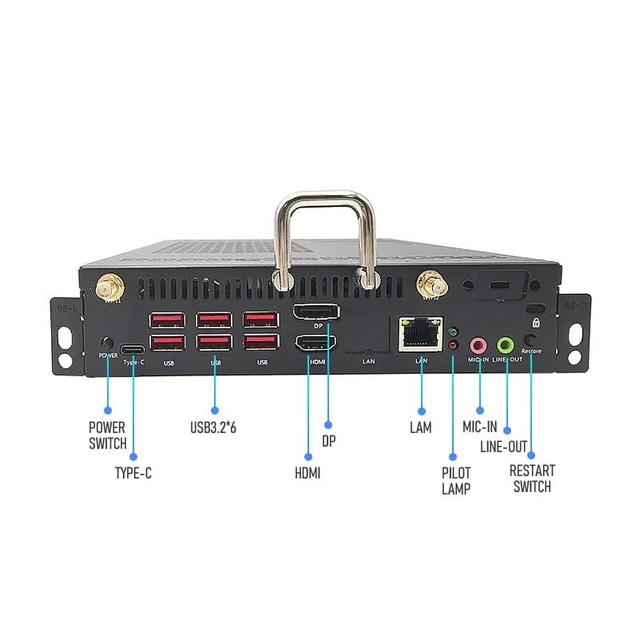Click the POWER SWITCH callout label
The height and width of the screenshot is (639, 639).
[x=108, y=435]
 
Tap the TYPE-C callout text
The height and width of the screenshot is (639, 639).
[x=133, y=472]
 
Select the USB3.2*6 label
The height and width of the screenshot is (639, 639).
[x=213, y=427]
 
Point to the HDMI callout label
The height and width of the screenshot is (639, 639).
[x=308, y=472]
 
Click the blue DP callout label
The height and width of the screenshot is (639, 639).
[x=328, y=440]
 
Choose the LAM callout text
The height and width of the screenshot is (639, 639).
[x=420, y=427]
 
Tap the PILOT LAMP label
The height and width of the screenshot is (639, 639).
[x=456, y=480]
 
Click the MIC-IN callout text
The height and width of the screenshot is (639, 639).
[x=480, y=427]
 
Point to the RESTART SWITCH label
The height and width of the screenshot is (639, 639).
[x=532, y=478]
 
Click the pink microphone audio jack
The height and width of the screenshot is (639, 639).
[x=478, y=345]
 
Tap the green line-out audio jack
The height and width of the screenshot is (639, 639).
[x=506, y=345]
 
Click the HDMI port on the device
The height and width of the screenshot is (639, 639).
[x=315, y=344]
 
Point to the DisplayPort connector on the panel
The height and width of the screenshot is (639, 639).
[x=316, y=312]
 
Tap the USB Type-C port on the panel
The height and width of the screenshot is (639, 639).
[x=133, y=350]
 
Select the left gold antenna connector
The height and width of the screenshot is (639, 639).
[x=106, y=285]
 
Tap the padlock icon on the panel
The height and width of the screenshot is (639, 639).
[x=537, y=323]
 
